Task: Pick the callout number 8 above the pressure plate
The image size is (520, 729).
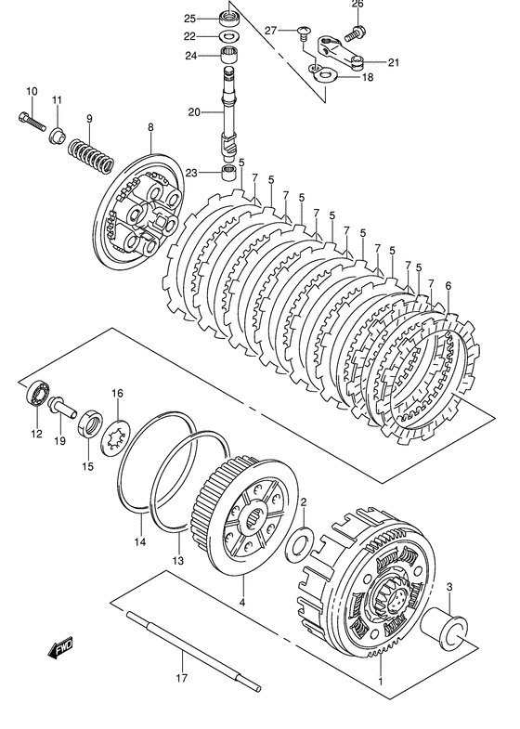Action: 149,126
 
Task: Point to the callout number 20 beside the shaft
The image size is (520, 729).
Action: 194,112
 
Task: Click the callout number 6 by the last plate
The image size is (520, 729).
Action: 448,286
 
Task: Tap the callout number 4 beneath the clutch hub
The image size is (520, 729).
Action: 242,605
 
